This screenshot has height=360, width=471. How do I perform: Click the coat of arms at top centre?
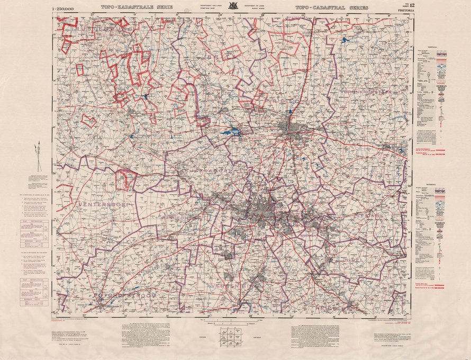(x=231, y=7)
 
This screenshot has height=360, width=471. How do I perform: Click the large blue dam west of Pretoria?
(x=229, y=132)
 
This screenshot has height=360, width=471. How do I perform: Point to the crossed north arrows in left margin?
(x=37, y=156)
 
